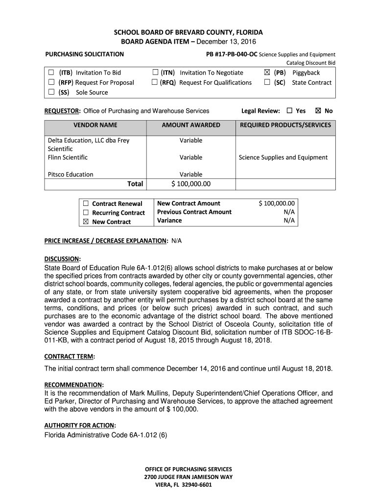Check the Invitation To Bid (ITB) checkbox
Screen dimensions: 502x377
point(51,73)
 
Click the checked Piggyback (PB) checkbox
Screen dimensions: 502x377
point(267,73)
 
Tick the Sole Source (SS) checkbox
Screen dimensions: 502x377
point(51,92)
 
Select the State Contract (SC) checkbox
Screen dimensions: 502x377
point(267,82)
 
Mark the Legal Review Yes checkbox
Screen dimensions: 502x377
point(289,111)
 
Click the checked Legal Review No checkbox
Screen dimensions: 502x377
point(318,111)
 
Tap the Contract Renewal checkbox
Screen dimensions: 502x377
point(86,203)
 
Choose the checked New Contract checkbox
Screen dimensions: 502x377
point(86,222)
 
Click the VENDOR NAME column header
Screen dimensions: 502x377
point(95,125)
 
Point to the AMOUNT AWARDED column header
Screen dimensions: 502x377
point(191,125)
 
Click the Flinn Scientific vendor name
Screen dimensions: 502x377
point(68,157)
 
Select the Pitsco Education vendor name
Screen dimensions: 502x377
point(71,174)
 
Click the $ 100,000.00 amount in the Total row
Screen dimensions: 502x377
point(191,184)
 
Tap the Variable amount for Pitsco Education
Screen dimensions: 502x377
point(191,174)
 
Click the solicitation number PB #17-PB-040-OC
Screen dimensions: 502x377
point(232,54)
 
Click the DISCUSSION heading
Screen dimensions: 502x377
point(62,258)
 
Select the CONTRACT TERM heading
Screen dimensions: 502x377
point(70,356)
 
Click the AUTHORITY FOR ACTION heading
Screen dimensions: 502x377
point(80,425)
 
